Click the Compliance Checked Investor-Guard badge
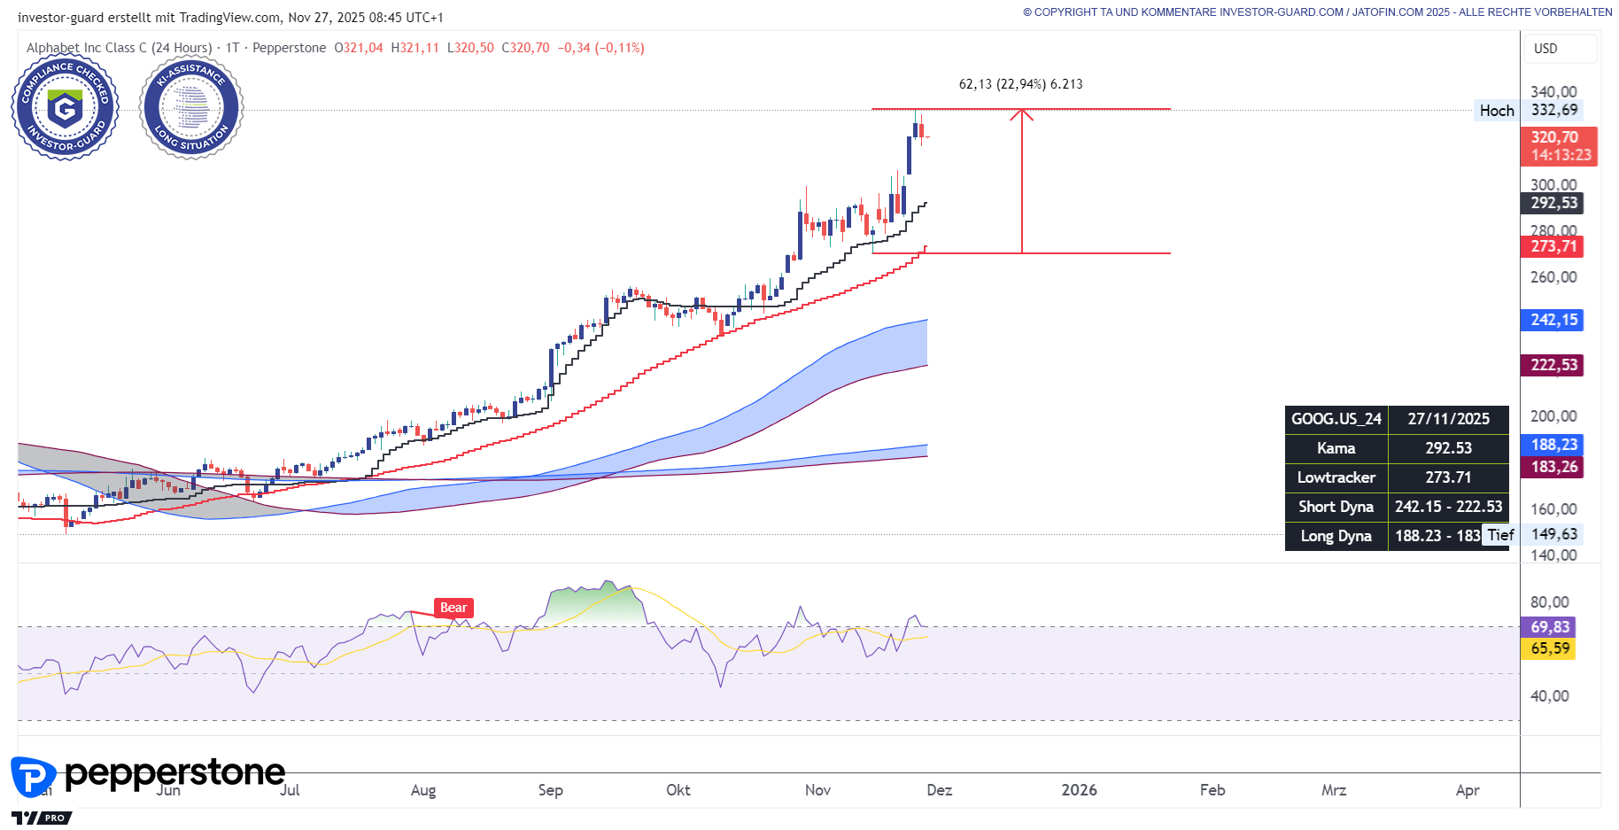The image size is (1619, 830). pyautogui.click(x=65, y=108)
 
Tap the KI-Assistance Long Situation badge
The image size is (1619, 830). pyautogui.click(x=191, y=108)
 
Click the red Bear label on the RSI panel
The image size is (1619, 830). pyautogui.click(x=453, y=608)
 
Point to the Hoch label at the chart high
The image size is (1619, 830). pyautogui.click(x=1496, y=111)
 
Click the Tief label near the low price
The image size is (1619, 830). pyautogui.click(x=1500, y=535)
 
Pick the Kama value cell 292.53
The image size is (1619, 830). pyautogui.click(x=1448, y=448)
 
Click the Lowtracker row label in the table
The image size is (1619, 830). pyautogui.click(x=1336, y=477)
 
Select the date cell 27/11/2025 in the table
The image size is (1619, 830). pyautogui.click(x=1448, y=419)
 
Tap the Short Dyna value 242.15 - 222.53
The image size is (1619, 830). pyautogui.click(x=1448, y=507)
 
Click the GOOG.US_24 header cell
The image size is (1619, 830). pyautogui.click(x=1336, y=419)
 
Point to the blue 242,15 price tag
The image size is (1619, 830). pyautogui.click(x=1553, y=320)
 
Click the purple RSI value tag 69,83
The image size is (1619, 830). pyautogui.click(x=1550, y=627)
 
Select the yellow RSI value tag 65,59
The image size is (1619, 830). pyautogui.click(x=1550, y=648)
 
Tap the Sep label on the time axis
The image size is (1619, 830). pyautogui.click(x=550, y=790)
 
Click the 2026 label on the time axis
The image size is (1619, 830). pyautogui.click(x=1079, y=790)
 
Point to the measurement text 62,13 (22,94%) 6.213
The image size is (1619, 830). pyautogui.click(x=1020, y=84)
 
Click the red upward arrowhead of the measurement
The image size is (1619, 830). pyautogui.click(x=1022, y=113)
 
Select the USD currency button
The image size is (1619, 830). pyautogui.click(x=1545, y=49)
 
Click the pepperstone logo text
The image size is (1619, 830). pyautogui.click(x=174, y=773)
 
